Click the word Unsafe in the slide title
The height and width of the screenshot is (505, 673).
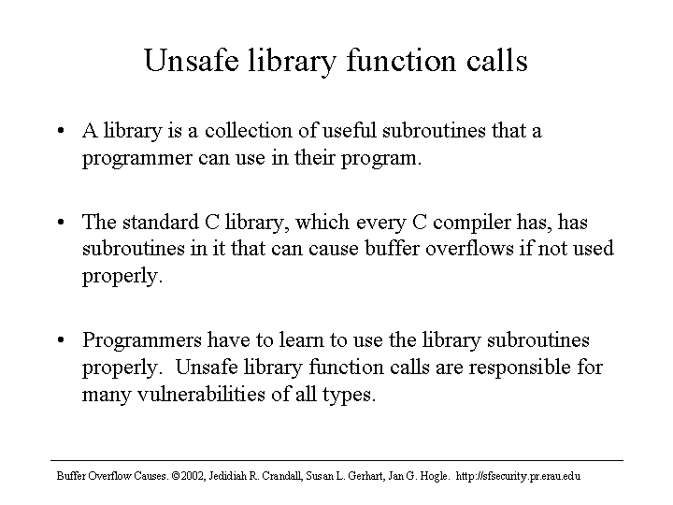click(x=192, y=60)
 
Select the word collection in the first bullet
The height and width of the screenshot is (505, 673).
click(x=248, y=131)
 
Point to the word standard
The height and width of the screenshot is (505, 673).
click(x=161, y=222)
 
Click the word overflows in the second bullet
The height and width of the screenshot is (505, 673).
click(x=469, y=249)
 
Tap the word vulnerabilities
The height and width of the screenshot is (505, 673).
click(x=201, y=394)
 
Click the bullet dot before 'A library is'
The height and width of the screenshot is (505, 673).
click(x=61, y=131)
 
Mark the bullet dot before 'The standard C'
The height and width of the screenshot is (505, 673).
click(x=61, y=222)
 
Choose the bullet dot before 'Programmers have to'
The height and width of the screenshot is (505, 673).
click(x=61, y=340)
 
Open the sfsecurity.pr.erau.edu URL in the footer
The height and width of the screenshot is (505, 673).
click(x=518, y=476)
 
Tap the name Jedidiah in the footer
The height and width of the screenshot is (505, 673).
click(x=226, y=476)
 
